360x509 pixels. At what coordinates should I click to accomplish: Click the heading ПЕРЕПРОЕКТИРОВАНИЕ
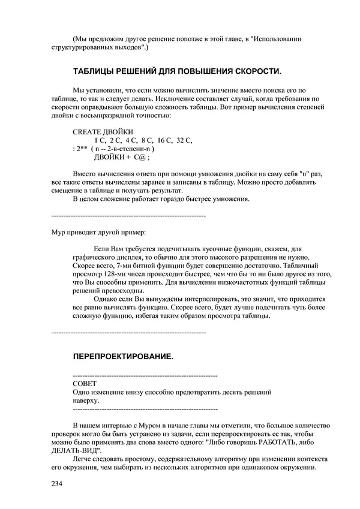click(123, 356)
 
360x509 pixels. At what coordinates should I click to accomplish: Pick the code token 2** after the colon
click(82, 149)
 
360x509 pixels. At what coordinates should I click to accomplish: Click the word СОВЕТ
click(83, 383)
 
